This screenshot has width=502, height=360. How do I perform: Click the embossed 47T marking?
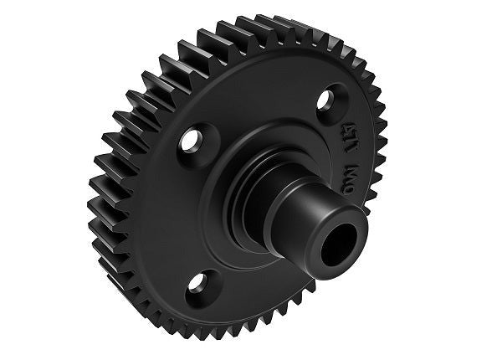tap(368, 152)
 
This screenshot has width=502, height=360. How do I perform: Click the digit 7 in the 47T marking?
tap(369, 152)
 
